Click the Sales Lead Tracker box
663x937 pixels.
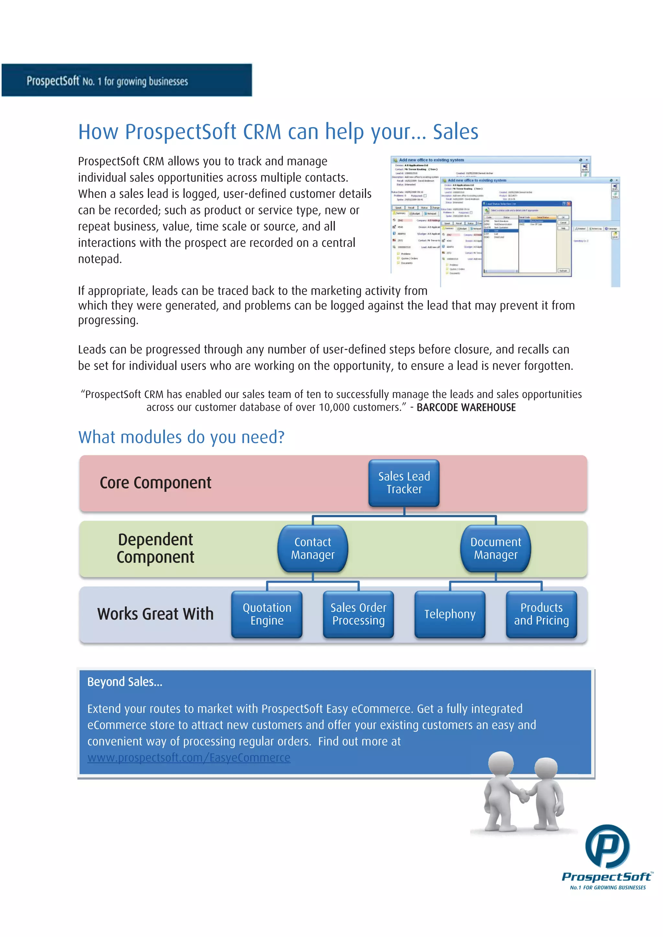click(x=404, y=483)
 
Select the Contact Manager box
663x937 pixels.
click(x=313, y=548)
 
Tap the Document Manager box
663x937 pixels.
click(x=496, y=548)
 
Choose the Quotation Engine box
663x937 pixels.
click(x=267, y=614)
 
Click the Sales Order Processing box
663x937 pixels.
click(x=358, y=614)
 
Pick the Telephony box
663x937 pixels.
click(x=450, y=614)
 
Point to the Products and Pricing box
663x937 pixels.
click(x=541, y=614)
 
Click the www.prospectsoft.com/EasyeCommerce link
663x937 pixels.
click(x=189, y=758)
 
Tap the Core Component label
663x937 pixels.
click(x=155, y=483)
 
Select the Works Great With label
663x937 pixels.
click(x=155, y=614)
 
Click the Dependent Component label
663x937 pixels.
click(x=155, y=548)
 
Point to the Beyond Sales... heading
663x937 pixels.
click(x=125, y=682)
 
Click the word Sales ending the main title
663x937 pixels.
click(x=455, y=132)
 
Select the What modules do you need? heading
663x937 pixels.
click(x=181, y=437)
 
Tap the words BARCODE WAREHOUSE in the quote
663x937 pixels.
click(x=466, y=408)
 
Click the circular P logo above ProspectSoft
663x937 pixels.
click(x=607, y=846)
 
